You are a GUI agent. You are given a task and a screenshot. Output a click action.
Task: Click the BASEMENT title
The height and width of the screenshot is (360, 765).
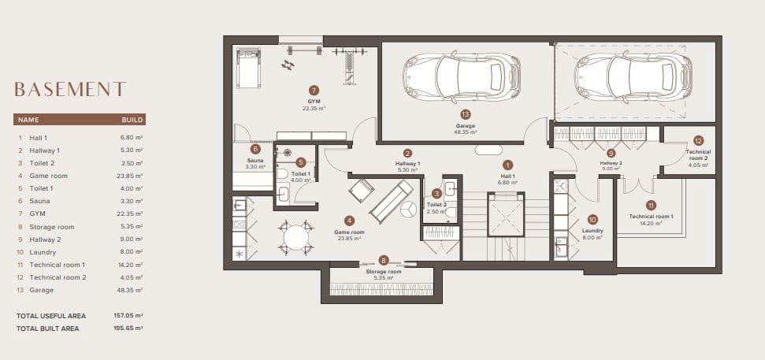coord(70,89)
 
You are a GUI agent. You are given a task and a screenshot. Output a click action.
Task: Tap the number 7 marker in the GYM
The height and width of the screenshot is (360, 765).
coord(314,91)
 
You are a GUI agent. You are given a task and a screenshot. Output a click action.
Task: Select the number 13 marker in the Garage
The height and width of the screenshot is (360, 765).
coord(465,114)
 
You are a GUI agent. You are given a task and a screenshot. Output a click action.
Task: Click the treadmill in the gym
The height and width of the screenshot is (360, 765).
coord(249,69)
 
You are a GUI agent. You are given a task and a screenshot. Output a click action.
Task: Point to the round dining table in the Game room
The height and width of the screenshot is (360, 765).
coord(296,239)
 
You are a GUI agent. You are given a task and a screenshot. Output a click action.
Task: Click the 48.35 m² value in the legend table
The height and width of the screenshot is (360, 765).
coord(132,290)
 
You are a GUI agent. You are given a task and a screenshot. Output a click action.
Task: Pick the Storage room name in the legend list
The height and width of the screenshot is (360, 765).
coord(52,227)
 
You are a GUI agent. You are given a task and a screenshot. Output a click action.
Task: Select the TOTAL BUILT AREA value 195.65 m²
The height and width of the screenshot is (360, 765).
coord(128,328)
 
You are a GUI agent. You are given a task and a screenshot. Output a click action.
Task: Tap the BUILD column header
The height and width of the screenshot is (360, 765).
coord(132,120)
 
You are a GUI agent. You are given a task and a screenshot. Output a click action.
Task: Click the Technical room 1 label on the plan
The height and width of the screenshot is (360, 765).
coord(651,216)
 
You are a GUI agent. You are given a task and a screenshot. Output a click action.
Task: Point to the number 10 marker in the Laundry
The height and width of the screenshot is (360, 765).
coord(592,220)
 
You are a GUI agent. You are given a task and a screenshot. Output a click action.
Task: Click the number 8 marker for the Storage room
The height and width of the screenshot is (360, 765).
coord(384,261)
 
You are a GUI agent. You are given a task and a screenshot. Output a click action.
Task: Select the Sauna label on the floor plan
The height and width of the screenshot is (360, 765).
coord(255,161)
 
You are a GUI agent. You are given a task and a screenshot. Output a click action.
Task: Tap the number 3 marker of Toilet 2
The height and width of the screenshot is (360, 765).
coord(437,194)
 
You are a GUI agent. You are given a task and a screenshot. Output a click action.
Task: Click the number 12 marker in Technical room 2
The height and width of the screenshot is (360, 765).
coord(698,141)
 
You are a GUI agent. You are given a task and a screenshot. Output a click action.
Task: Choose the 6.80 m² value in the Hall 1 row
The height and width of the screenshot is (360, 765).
coord(132,138)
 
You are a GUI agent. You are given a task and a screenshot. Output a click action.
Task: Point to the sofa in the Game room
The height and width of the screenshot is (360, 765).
coord(392,202)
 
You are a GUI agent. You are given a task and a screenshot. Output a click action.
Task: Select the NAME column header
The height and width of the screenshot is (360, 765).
coord(29,120)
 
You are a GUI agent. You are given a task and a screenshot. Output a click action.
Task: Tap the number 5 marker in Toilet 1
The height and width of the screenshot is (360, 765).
coord(301,162)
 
